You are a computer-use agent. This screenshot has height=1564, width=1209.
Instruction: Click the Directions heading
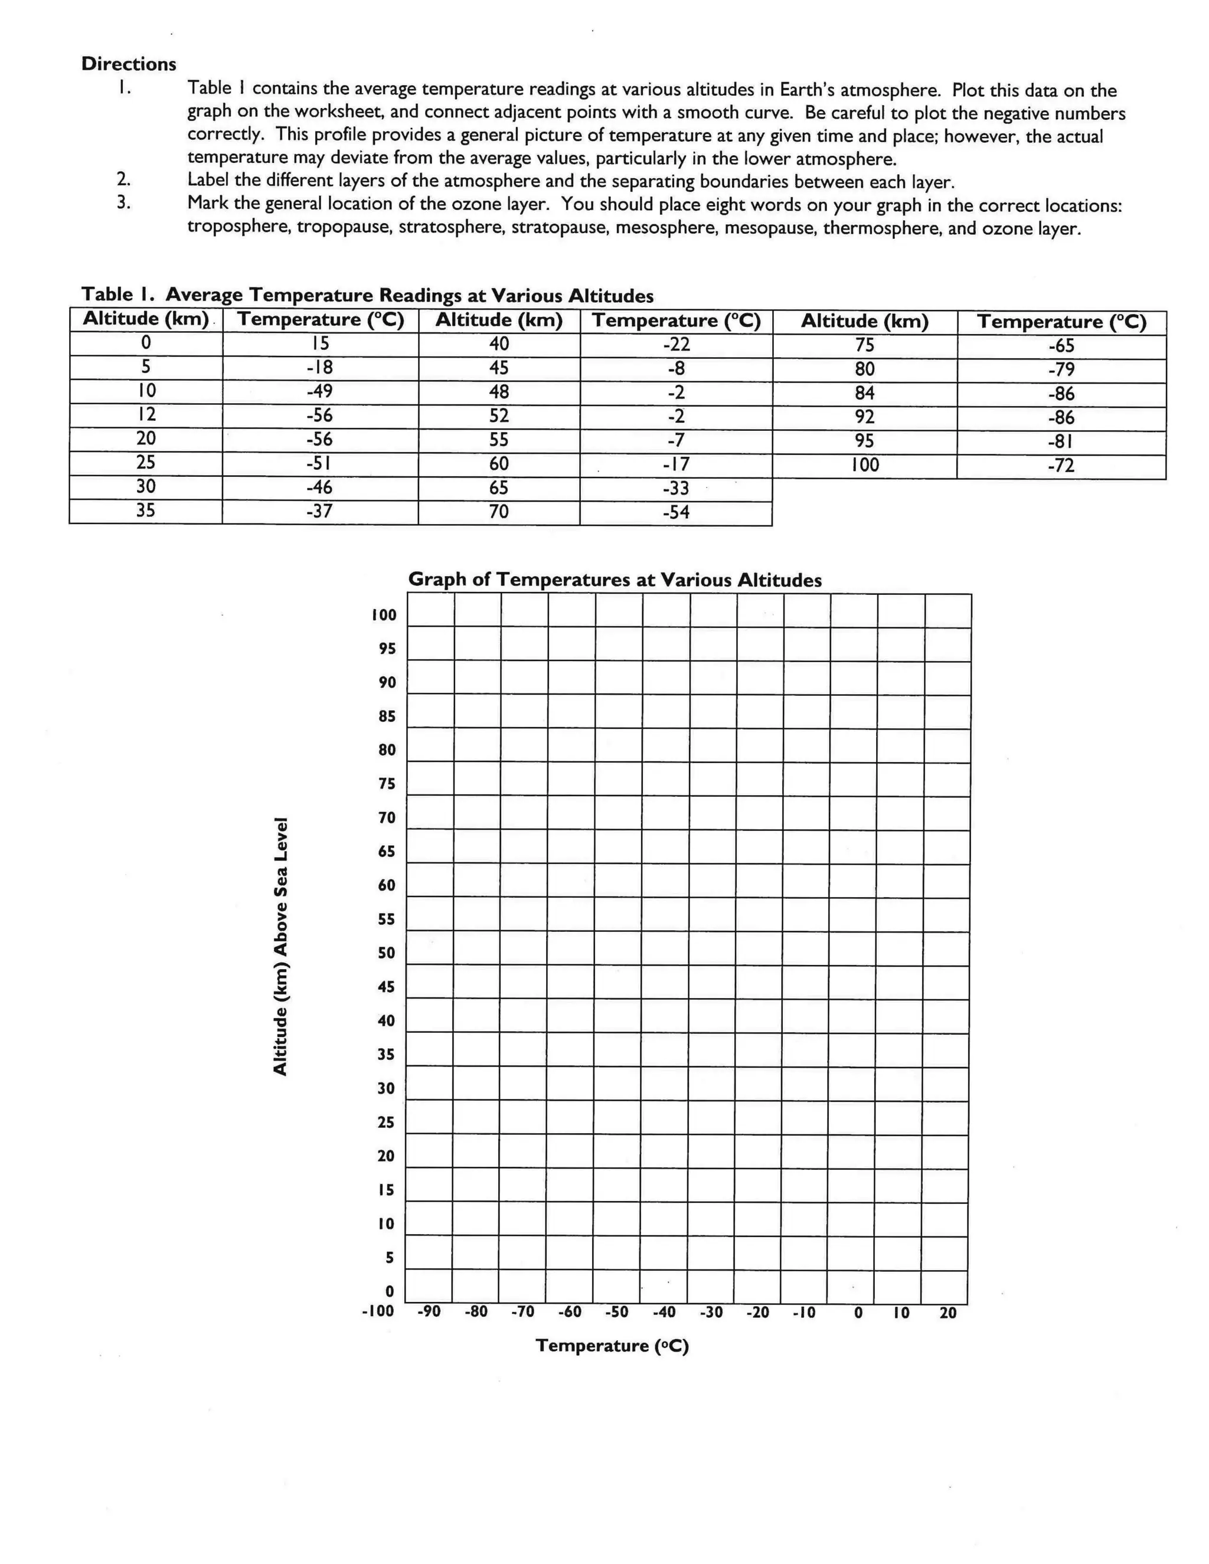point(128,64)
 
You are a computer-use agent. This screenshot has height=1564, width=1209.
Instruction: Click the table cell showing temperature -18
point(319,367)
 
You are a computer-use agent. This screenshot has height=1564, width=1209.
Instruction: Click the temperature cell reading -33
point(675,489)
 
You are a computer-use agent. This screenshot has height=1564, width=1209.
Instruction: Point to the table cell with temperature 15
point(319,343)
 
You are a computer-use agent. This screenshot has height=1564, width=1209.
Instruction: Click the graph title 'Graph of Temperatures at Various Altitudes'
point(615,580)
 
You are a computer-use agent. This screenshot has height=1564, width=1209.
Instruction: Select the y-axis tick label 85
point(387,716)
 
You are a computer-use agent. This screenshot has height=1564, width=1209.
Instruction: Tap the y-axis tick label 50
point(386,953)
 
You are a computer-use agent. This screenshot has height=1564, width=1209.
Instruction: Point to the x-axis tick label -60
point(570,1312)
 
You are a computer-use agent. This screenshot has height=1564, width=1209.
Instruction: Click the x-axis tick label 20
point(947,1313)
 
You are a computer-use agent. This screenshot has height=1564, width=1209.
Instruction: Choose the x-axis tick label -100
point(378,1311)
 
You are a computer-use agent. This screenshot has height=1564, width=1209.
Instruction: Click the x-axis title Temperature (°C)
point(612,1346)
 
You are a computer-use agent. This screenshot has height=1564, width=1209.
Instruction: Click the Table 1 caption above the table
point(367,295)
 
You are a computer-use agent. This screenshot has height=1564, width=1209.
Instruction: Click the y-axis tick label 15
point(386,1190)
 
